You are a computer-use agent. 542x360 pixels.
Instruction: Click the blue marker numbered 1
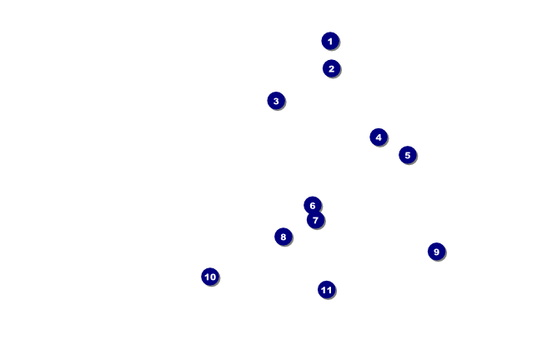pos(330,41)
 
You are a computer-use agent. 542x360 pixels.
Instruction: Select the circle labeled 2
pos(332,69)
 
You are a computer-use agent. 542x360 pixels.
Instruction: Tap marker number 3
pos(276,101)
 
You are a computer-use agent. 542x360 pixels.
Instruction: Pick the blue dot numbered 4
pos(379,137)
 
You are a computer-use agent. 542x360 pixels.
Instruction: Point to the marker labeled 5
pos(408,155)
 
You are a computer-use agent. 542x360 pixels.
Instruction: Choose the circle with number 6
pos(313,206)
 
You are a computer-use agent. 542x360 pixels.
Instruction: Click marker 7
pos(315,220)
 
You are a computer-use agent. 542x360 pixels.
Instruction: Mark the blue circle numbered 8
pos(284,237)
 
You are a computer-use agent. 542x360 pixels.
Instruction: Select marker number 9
pos(437,252)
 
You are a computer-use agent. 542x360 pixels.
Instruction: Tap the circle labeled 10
pos(210,277)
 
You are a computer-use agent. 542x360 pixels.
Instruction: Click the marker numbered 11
pos(327,290)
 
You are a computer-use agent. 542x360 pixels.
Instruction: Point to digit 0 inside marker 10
pos(213,277)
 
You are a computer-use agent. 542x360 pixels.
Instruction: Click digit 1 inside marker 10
pos(207,277)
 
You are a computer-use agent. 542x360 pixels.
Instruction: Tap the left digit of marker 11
pos(324,290)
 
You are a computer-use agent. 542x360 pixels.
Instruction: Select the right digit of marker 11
pos(329,290)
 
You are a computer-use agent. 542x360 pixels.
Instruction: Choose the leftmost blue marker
pos(210,277)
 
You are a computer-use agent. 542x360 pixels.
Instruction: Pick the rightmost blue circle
pos(437,252)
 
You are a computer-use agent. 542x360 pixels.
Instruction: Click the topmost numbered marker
pos(330,41)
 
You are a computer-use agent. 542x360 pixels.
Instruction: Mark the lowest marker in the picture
pos(327,290)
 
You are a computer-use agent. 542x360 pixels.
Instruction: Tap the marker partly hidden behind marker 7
pos(313,206)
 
